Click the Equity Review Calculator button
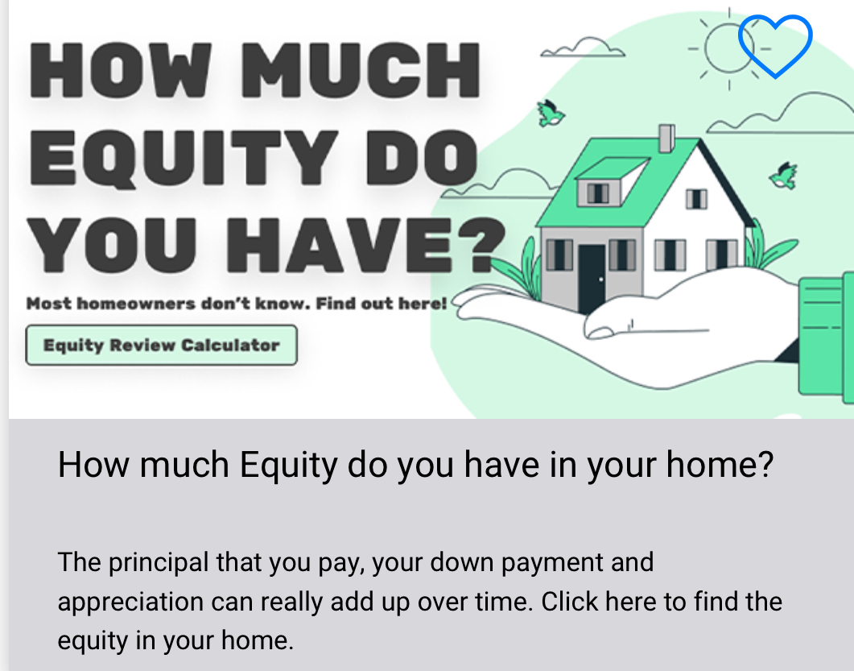coord(161,345)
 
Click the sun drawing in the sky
coord(728,48)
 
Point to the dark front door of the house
coord(592,279)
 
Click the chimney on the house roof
coord(666,139)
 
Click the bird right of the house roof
coord(784,176)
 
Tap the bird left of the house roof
coord(551,114)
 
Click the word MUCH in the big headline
coord(361,71)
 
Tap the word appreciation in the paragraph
coord(130,603)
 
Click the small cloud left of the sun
coord(583,48)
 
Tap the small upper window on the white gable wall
coord(696,199)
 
